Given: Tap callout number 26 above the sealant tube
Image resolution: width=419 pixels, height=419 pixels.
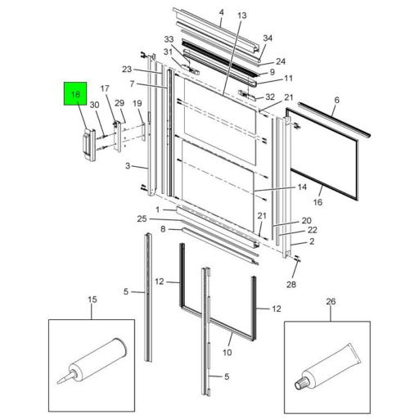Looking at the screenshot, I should [331, 300].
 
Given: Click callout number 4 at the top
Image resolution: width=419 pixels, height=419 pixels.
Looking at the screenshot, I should [221, 11].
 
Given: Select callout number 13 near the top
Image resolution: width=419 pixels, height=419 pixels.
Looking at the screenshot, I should [241, 16].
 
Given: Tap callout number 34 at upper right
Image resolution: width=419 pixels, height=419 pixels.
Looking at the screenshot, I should [268, 38].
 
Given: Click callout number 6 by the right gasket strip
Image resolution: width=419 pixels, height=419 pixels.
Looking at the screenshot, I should [336, 99].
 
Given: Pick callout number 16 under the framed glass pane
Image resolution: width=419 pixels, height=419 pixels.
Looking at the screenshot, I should [318, 201].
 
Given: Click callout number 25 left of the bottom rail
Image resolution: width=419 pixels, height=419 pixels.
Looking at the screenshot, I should [142, 219].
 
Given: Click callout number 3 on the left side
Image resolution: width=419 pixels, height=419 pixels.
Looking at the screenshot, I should [128, 166].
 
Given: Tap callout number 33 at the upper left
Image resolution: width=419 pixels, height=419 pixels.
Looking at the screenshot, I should [169, 39].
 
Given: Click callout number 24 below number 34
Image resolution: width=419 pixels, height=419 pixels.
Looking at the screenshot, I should [281, 61].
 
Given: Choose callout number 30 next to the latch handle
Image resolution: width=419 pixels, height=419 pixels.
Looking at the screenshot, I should [94, 105].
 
